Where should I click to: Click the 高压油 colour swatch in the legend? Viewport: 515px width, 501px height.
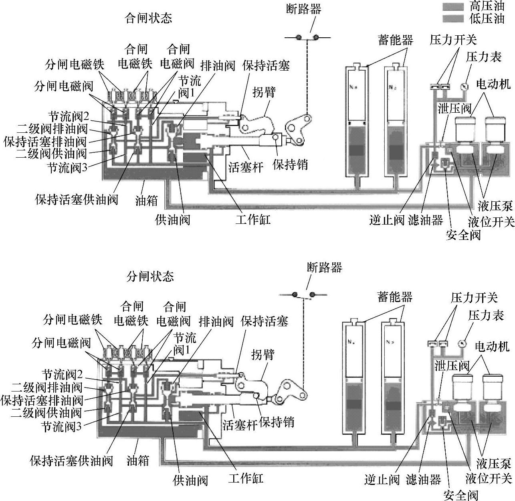(x=453, y=7)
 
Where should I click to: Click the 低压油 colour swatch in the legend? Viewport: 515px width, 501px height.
(x=453, y=19)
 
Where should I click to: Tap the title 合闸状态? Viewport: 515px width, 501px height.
(x=149, y=18)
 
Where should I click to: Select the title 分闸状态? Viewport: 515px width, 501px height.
(x=150, y=276)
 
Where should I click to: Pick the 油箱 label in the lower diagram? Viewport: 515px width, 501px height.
(x=138, y=460)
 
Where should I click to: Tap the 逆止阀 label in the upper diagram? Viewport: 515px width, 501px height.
(x=387, y=220)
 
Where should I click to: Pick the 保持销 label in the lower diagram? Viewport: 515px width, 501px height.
(x=277, y=422)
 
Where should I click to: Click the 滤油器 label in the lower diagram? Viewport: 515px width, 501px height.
(x=423, y=480)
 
